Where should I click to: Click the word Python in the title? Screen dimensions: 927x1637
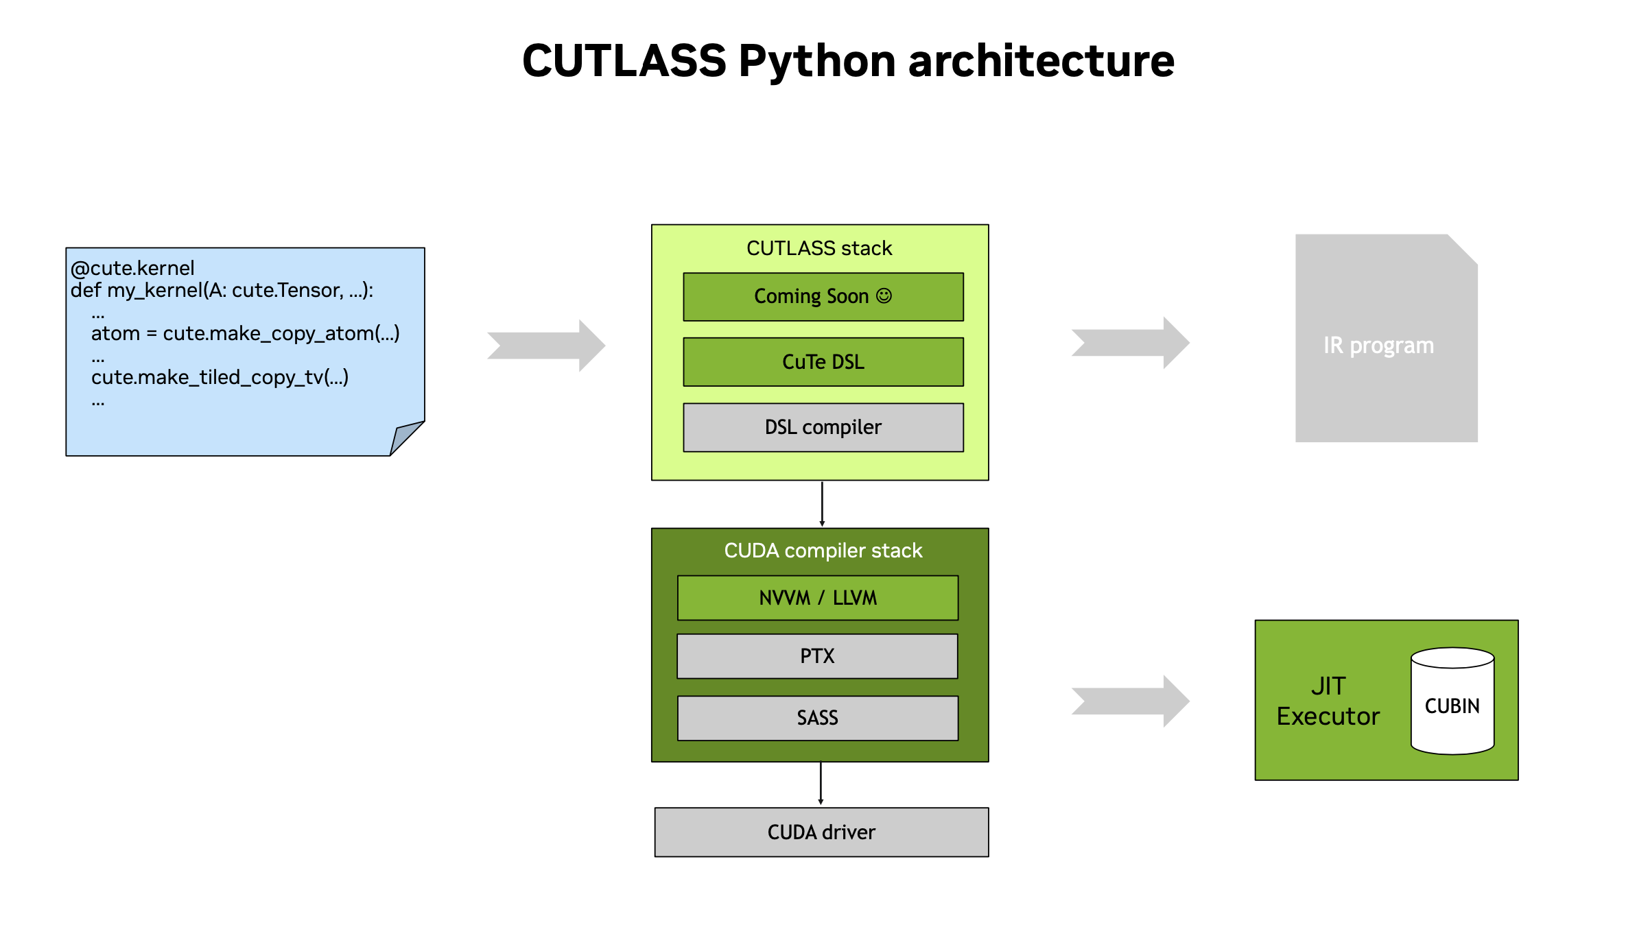(816, 62)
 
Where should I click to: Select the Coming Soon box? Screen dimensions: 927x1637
(823, 297)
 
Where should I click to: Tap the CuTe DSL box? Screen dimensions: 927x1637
(823, 362)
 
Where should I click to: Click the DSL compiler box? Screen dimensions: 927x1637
(823, 427)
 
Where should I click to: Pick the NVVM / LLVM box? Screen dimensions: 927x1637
(817, 598)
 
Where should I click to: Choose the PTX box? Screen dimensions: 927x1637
(817, 656)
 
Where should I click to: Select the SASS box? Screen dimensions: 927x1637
(817, 718)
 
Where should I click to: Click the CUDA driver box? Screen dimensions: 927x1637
(821, 832)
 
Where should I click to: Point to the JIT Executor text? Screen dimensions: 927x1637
(1328, 701)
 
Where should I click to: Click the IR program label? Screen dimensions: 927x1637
(1378, 345)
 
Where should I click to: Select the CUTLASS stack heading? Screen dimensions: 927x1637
(819, 248)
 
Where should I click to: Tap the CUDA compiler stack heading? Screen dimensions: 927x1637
(823, 551)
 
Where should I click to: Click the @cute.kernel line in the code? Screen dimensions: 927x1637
(132, 268)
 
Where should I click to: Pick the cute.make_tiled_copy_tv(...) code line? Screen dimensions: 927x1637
(220, 377)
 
